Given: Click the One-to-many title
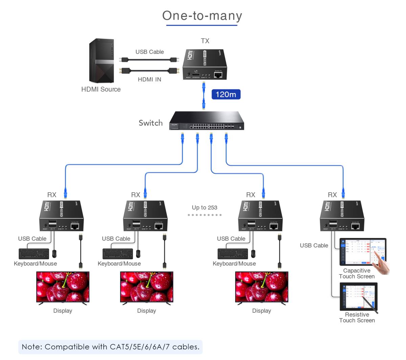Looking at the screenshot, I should [x=202, y=16].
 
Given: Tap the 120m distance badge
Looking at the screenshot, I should [x=226, y=94].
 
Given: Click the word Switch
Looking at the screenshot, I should [x=151, y=123].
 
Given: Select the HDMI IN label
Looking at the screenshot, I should [x=149, y=79].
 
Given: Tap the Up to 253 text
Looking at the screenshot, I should [x=204, y=208].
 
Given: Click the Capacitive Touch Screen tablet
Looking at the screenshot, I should [x=363, y=252].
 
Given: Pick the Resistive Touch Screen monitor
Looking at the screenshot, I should [x=359, y=296].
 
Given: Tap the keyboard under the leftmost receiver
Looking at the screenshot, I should [x=34, y=254].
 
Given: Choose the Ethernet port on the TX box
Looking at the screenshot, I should [x=218, y=75].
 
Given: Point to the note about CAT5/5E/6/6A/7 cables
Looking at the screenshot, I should [x=110, y=347].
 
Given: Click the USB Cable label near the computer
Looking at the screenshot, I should [x=150, y=52].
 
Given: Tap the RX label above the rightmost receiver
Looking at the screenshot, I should [x=332, y=195].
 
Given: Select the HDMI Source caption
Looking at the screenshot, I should [x=101, y=89].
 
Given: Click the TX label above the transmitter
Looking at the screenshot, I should [x=205, y=41].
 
